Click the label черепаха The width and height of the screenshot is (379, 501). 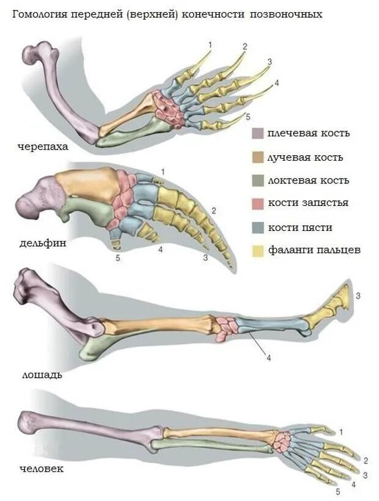(x=42, y=147)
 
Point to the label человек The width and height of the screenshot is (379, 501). (x=41, y=469)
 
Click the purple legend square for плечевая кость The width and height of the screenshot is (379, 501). (x=257, y=134)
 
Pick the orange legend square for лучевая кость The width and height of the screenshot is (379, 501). (x=257, y=157)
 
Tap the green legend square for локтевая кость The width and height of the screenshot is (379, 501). (x=257, y=180)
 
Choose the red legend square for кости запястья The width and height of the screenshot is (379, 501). (x=257, y=203)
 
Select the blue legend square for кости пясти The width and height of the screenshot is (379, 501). (x=257, y=227)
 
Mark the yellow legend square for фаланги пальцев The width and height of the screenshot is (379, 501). (x=257, y=250)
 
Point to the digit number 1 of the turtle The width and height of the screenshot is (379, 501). (x=210, y=44)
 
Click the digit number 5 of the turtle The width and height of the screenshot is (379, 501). (x=248, y=116)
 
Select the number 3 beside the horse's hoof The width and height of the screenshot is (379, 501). (x=358, y=296)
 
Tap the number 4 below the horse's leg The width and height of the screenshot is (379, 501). (x=268, y=358)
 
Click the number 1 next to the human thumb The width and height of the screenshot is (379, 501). (x=340, y=432)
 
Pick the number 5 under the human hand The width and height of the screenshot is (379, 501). (x=337, y=491)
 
